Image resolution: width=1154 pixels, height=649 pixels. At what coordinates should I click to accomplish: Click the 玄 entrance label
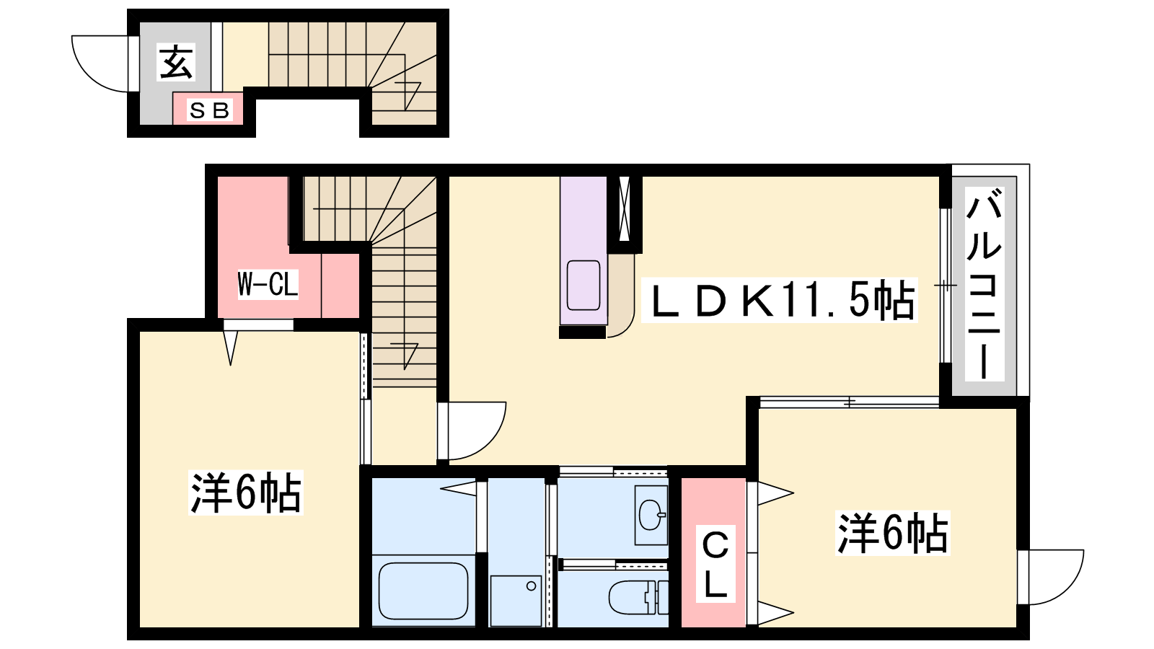click(176, 62)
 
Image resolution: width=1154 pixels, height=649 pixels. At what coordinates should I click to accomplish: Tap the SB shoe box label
click(209, 110)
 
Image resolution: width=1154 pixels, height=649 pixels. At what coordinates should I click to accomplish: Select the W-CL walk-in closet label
click(268, 284)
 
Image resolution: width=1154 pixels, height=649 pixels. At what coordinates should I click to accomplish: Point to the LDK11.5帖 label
click(780, 300)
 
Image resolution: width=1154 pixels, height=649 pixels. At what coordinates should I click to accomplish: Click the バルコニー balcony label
click(985, 284)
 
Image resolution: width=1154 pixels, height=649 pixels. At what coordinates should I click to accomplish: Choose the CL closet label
click(715, 565)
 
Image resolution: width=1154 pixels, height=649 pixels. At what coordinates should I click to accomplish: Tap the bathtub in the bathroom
click(423, 591)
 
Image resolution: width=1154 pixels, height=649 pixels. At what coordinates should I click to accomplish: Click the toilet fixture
click(638, 598)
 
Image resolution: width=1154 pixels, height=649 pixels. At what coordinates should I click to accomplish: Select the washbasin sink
click(651, 514)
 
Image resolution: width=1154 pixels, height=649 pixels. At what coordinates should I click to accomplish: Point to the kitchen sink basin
click(583, 285)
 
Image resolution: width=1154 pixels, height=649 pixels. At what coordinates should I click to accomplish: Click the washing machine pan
click(516, 601)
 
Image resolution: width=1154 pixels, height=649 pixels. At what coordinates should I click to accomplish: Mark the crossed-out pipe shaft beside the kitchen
click(625, 208)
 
